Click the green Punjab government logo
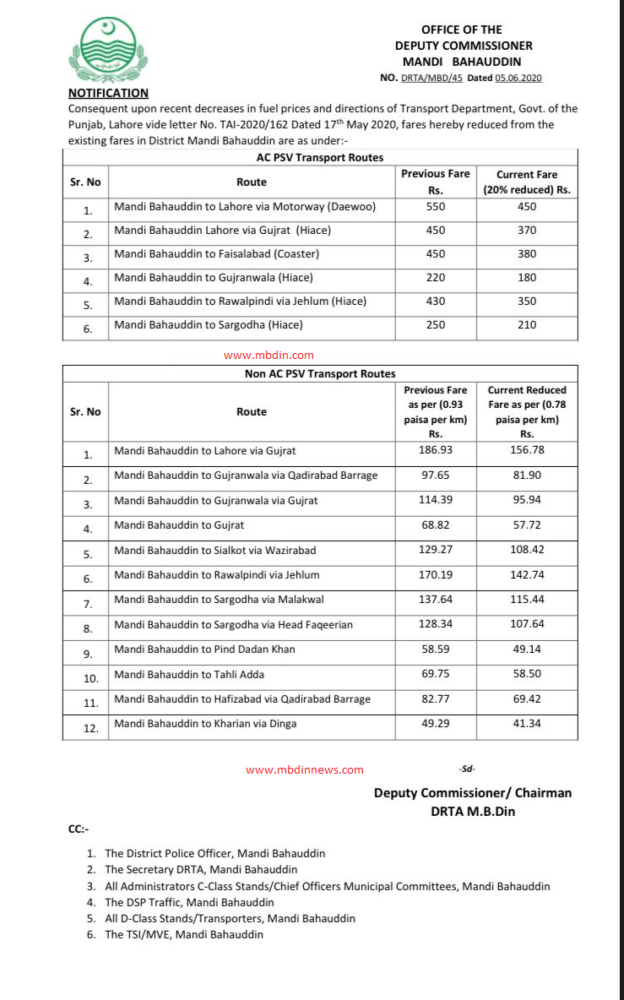(x=109, y=50)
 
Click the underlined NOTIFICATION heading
(x=108, y=94)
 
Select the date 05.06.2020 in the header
(x=518, y=78)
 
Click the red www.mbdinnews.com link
(x=305, y=769)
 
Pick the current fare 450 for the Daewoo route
(x=527, y=206)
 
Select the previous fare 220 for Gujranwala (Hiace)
(x=435, y=277)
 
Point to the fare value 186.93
(x=435, y=450)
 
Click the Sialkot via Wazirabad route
(x=215, y=550)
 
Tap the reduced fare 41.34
(x=527, y=724)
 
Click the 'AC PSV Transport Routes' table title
(x=320, y=158)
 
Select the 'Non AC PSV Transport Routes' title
(x=320, y=373)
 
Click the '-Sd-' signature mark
(x=466, y=769)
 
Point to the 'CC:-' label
(x=79, y=829)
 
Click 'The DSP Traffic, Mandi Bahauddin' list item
(x=189, y=902)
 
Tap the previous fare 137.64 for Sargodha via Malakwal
(x=435, y=600)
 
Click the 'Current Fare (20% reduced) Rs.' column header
(x=527, y=182)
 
